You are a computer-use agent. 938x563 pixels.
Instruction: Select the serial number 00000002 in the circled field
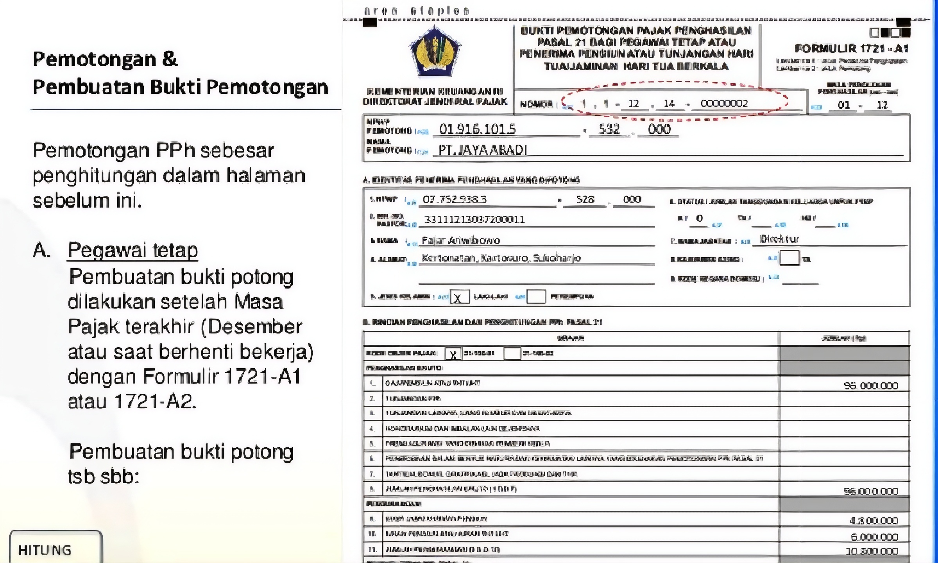click(x=724, y=103)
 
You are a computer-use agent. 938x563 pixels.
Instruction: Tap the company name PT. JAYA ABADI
click(x=483, y=150)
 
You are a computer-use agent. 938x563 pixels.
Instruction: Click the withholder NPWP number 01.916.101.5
click(x=477, y=129)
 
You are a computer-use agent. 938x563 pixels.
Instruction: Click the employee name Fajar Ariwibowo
click(x=460, y=240)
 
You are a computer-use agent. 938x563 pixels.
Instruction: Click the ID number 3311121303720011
click(x=474, y=219)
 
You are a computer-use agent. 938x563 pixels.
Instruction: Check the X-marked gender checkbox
click(x=459, y=297)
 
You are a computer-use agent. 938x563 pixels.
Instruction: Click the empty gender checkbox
click(x=536, y=297)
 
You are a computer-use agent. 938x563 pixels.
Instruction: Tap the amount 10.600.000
click(x=872, y=551)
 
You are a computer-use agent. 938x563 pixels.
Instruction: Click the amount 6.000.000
click(x=874, y=537)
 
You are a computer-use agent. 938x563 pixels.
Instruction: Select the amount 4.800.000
click(x=874, y=520)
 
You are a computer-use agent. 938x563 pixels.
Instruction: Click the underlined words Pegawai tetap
click(x=133, y=250)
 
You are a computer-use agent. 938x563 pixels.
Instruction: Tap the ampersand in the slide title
click(x=169, y=59)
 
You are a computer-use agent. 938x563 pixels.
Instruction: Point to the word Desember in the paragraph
click(x=255, y=327)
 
